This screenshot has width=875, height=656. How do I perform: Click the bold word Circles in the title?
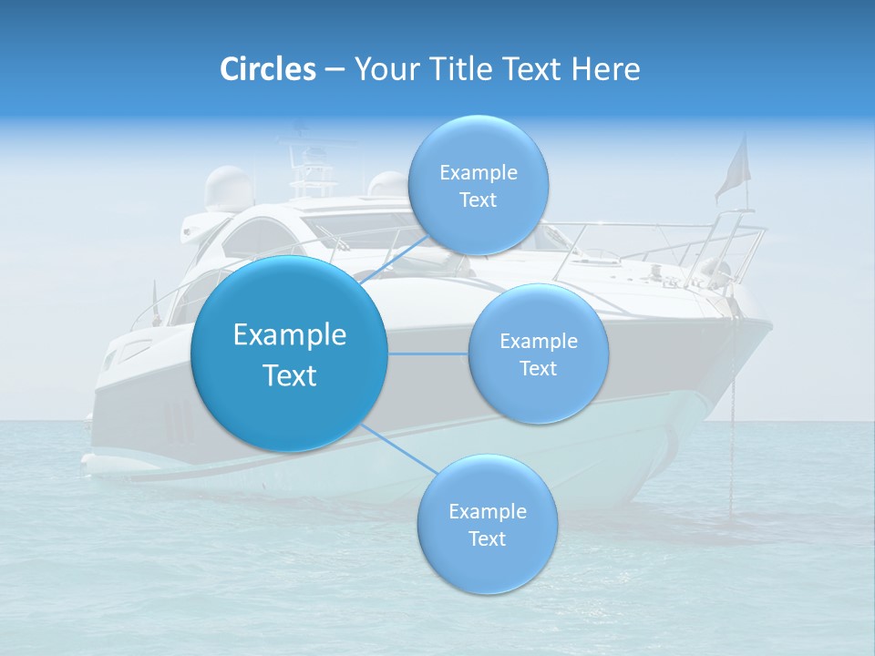[x=267, y=69]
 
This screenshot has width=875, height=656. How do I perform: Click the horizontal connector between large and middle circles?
[x=427, y=354]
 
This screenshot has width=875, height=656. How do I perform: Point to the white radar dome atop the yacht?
[x=225, y=188]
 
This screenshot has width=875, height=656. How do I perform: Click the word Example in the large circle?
[x=289, y=335]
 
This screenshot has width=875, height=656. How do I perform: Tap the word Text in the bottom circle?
[x=487, y=538]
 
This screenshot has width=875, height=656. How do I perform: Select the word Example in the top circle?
[x=478, y=172]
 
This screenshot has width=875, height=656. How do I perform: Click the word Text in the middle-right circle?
[x=538, y=368]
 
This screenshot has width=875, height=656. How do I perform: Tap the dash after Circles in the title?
[x=334, y=70]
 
